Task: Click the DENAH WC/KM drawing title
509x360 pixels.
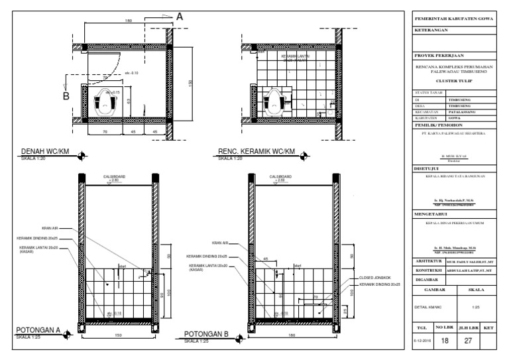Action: pyautogui.click(x=45, y=151)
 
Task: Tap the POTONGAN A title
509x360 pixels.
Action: pyautogui.click(x=38, y=330)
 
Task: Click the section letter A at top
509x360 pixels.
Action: pyautogui.click(x=180, y=19)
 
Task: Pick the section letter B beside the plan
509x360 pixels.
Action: pyautogui.click(x=66, y=95)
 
